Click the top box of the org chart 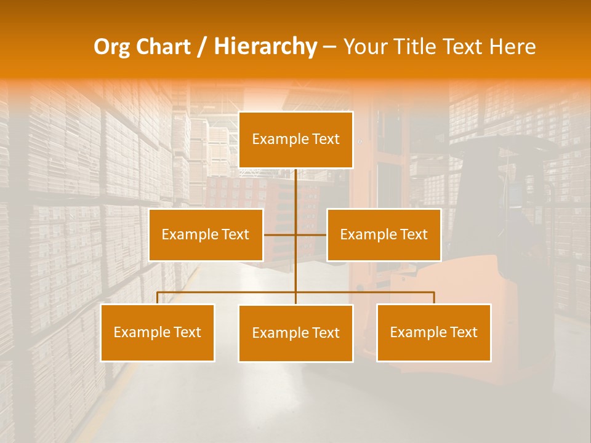pos(295,140)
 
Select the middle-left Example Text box pos(206,234)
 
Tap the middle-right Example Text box pos(384,234)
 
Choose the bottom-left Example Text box pos(158,332)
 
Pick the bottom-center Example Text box pos(295,333)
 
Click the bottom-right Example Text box pos(433,332)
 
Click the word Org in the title pos(111,47)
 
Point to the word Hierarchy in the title pos(265,47)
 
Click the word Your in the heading pos(368,47)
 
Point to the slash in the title pos(203,47)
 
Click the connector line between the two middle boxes pos(295,234)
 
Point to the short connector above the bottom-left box pos(158,298)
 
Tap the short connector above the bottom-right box pos(433,298)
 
